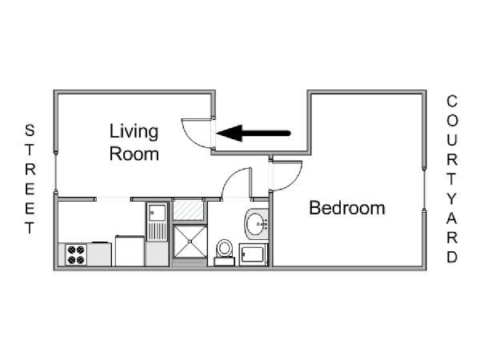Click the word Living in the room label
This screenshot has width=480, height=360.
(x=134, y=132)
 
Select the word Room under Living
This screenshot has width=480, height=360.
(x=134, y=154)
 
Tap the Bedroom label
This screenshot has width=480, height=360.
(x=347, y=208)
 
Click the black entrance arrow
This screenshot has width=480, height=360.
(x=254, y=133)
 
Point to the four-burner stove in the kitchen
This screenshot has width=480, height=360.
(x=76, y=254)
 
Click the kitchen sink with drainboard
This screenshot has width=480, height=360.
(x=157, y=222)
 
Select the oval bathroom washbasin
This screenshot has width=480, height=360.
(x=256, y=224)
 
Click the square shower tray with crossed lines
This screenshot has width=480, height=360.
(x=190, y=242)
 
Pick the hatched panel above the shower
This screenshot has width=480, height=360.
(x=189, y=210)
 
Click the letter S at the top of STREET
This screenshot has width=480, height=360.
(x=30, y=130)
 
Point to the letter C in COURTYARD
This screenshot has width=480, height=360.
(x=452, y=102)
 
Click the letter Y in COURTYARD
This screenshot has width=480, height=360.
(x=451, y=199)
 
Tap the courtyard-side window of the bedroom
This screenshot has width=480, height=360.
(x=424, y=190)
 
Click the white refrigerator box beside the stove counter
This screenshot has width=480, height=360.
(x=130, y=251)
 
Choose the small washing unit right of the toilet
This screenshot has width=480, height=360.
(x=254, y=254)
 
